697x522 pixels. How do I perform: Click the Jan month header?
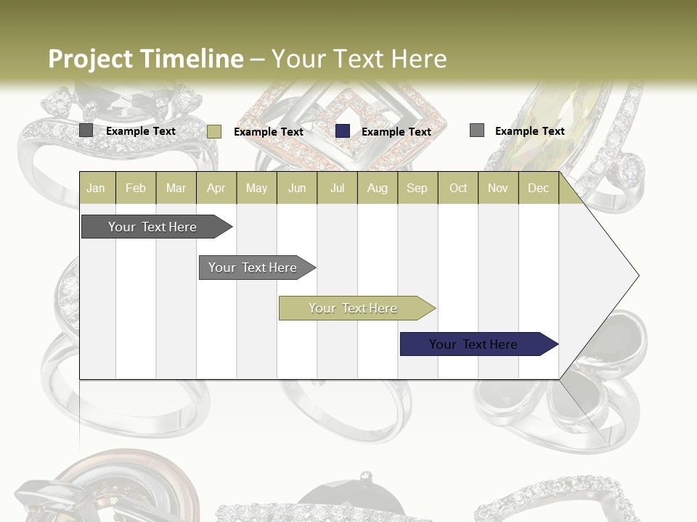(x=96, y=188)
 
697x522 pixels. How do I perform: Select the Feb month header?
(x=136, y=188)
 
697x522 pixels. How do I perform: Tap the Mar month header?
(x=176, y=188)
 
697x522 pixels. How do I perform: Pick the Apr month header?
(x=216, y=188)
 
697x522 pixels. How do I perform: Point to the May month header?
(x=256, y=188)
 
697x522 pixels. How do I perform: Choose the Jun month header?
(x=297, y=188)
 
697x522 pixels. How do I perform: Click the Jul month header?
(x=337, y=188)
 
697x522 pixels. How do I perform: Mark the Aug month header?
(x=378, y=188)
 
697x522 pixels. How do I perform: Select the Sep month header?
(x=417, y=188)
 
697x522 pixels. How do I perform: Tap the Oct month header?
(x=458, y=188)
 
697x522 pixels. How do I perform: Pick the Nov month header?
(x=498, y=188)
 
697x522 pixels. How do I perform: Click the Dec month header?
(x=539, y=188)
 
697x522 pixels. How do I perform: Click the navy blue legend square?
(x=343, y=131)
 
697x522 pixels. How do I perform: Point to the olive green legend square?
(x=214, y=131)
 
